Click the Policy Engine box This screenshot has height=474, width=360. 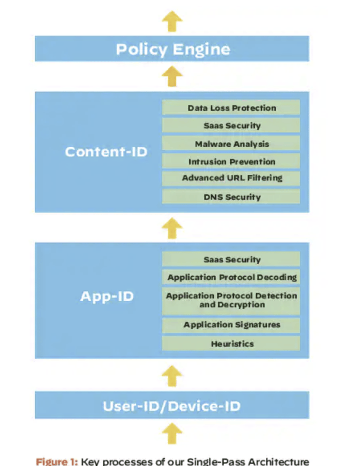tap(172, 49)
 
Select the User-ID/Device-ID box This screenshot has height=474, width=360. tap(172, 405)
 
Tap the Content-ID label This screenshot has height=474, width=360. tap(106, 152)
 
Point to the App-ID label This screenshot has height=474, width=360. tap(107, 297)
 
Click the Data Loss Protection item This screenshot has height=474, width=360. tap(231, 108)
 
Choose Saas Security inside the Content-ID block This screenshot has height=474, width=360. tap(231, 126)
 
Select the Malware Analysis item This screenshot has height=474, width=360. tap(231, 144)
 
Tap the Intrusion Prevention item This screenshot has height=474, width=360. tap(231, 162)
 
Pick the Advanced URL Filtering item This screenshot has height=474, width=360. tap(231, 178)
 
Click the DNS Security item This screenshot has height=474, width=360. tap(231, 197)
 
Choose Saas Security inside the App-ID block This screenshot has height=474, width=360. tap(231, 259)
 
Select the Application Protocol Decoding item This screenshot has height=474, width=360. tap(231, 277)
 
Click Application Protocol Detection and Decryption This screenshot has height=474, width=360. tap(231, 300)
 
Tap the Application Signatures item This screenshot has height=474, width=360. tap(231, 325)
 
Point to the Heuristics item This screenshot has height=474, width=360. tap(231, 343)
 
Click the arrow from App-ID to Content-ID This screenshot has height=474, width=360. tap(172, 228)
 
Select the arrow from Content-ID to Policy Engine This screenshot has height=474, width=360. tap(172, 76)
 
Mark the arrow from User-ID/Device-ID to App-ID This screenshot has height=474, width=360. tap(172, 375)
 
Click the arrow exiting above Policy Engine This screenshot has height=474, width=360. tap(172, 22)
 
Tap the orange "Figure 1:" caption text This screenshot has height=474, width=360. tap(56, 462)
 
